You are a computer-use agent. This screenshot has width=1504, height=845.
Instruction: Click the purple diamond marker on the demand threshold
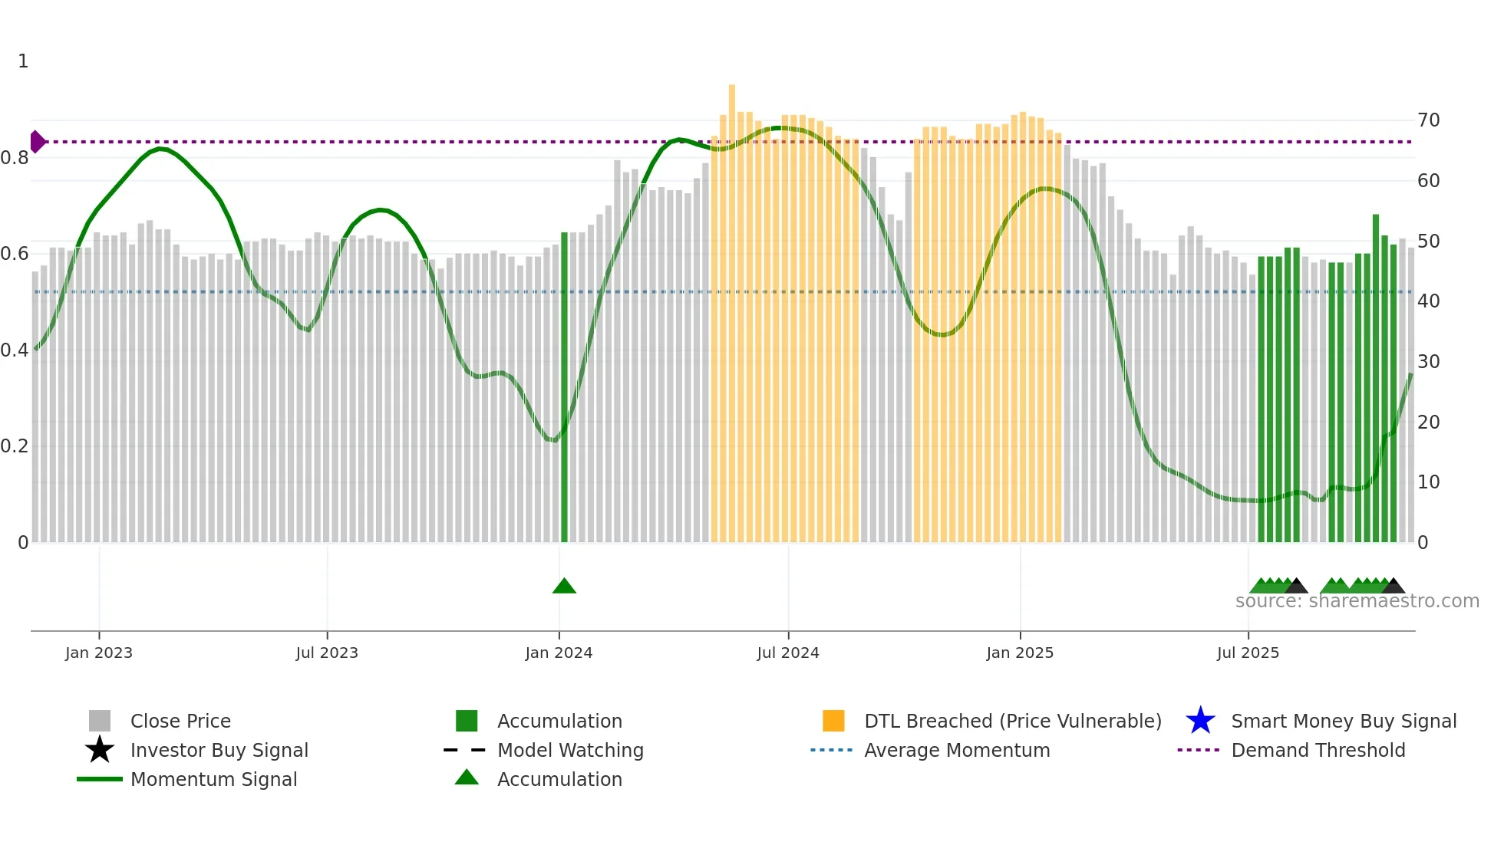[x=37, y=142]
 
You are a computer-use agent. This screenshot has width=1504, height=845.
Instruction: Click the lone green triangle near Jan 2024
[x=564, y=587]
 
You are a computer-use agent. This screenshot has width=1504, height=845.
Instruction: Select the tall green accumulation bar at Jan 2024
[x=564, y=387]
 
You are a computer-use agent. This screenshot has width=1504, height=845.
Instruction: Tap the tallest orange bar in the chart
[x=731, y=307]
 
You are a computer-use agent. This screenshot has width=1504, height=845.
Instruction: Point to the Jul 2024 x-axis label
[x=788, y=653]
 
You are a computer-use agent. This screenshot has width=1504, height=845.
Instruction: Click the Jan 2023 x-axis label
[x=99, y=653]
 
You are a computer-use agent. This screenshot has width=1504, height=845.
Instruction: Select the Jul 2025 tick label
[x=1248, y=653]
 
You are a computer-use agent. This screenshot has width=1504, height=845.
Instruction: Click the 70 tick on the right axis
[x=1429, y=120]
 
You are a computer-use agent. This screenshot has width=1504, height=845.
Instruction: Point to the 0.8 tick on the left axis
[x=15, y=158]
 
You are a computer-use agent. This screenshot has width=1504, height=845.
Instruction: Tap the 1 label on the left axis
[x=23, y=61]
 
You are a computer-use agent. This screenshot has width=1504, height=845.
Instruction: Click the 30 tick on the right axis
[x=1429, y=361]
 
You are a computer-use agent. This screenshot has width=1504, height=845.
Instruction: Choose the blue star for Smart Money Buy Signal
[x=1200, y=721]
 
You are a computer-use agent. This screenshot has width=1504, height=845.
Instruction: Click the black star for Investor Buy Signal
[x=100, y=750]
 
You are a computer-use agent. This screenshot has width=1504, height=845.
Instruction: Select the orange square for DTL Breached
[x=833, y=721]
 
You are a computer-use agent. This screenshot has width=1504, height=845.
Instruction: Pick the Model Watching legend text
[x=570, y=750]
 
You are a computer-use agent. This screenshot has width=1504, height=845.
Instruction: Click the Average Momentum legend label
[x=957, y=750]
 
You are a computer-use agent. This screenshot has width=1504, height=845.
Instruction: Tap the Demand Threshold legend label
[x=1318, y=750]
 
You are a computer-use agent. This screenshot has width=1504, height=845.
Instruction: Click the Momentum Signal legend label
[x=213, y=779]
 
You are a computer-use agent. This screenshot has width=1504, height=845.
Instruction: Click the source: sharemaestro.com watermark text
[x=1357, y=601]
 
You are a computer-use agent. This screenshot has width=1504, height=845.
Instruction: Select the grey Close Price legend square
[x=100, y=721]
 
